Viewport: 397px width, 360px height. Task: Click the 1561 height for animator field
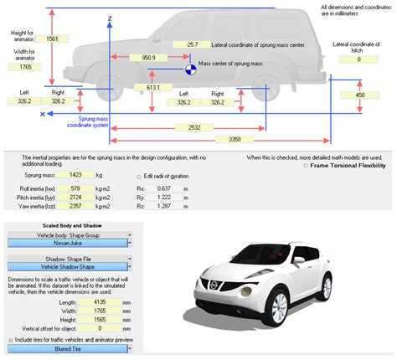(x=52, y=39)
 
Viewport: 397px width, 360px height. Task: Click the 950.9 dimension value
(x=148, y=58)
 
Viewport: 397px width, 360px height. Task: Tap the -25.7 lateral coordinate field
(x=193, y=44)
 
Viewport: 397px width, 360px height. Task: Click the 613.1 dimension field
(x=152, y=87)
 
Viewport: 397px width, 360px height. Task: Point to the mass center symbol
(x=191, y=71)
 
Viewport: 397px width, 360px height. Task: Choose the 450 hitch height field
(x=359, y=95)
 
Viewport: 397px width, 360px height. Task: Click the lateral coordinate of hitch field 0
(x=358, y=59)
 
